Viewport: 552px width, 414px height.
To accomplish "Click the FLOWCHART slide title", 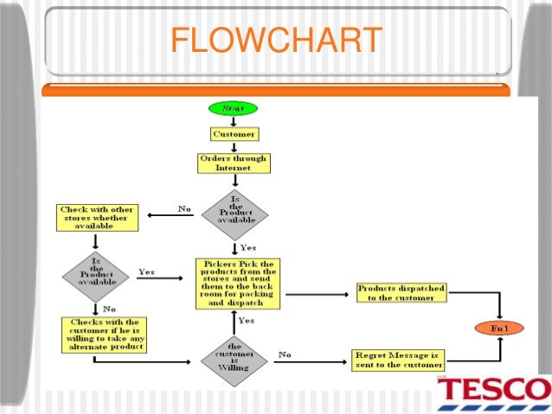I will [276, 41].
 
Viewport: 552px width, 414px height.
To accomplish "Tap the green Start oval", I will [233, 109].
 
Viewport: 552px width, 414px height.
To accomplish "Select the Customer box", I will [234, 134].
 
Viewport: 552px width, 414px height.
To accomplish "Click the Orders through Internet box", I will [233, 162].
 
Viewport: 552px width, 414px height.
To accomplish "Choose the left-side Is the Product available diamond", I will [97, 276].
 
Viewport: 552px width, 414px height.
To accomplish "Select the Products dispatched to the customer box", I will [401, 292].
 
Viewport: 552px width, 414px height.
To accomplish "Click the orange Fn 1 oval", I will [499, 328].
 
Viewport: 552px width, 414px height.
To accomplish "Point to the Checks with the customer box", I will [103, 334].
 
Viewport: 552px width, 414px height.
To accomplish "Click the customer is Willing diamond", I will [234, 355].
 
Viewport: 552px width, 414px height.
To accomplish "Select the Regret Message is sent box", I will [397, 360].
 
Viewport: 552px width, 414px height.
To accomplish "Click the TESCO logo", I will [492, 393].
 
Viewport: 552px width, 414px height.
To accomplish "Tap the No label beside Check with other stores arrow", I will [184, 209].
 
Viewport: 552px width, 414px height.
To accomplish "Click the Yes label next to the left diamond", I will [146, 271].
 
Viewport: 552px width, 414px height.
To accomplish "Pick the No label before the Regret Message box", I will [285, 353].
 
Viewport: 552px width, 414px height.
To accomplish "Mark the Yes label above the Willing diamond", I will [247, 320].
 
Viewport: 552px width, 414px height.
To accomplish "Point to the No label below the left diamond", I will [110, 308].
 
